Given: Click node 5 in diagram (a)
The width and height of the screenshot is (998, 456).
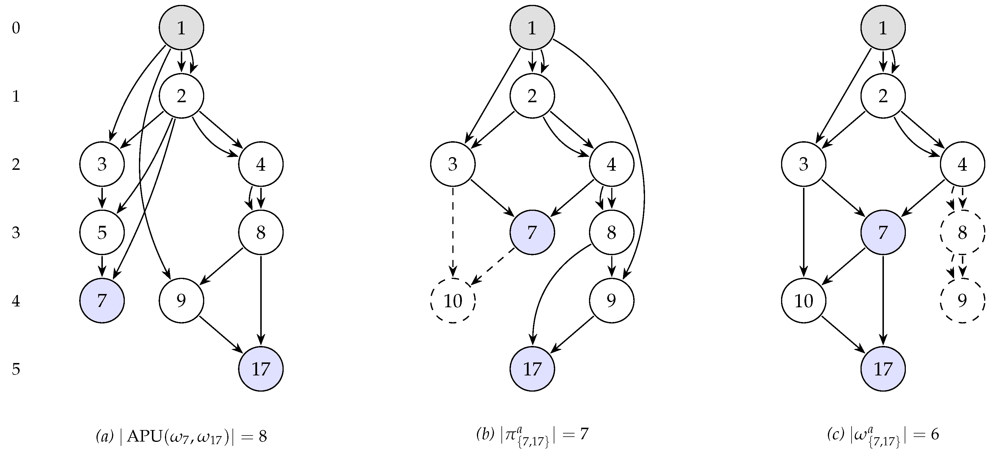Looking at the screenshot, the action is [102, 232].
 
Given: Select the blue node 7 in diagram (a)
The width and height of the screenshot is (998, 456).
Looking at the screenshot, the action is [102, 301].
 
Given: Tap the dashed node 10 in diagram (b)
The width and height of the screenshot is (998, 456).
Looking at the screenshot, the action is [453, 301].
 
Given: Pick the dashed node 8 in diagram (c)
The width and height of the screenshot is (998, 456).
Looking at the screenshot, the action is [962, 232].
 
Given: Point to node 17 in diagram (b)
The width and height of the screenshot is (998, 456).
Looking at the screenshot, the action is [532, 369].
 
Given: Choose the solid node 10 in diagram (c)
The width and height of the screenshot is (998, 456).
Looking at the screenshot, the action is [804, 301].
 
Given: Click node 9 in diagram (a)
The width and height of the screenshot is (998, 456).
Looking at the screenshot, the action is [181, 301].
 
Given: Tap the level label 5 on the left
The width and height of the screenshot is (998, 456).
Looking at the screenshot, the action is [16, 369].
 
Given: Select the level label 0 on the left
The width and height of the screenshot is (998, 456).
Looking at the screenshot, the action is [16, 28].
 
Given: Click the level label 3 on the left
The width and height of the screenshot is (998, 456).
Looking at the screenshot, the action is [16, 233].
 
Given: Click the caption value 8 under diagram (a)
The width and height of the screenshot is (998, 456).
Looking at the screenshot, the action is [263, 436].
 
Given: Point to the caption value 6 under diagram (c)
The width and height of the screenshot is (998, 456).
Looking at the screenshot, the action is [934, 435].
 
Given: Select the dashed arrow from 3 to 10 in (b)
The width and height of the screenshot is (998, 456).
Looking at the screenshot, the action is [453, 232].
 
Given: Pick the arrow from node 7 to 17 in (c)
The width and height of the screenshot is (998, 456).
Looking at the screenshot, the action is [883, 300].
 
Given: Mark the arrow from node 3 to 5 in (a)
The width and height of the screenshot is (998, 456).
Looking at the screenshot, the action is [102, 198].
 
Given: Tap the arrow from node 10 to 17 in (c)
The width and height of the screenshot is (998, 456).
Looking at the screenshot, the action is [843, 335].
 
